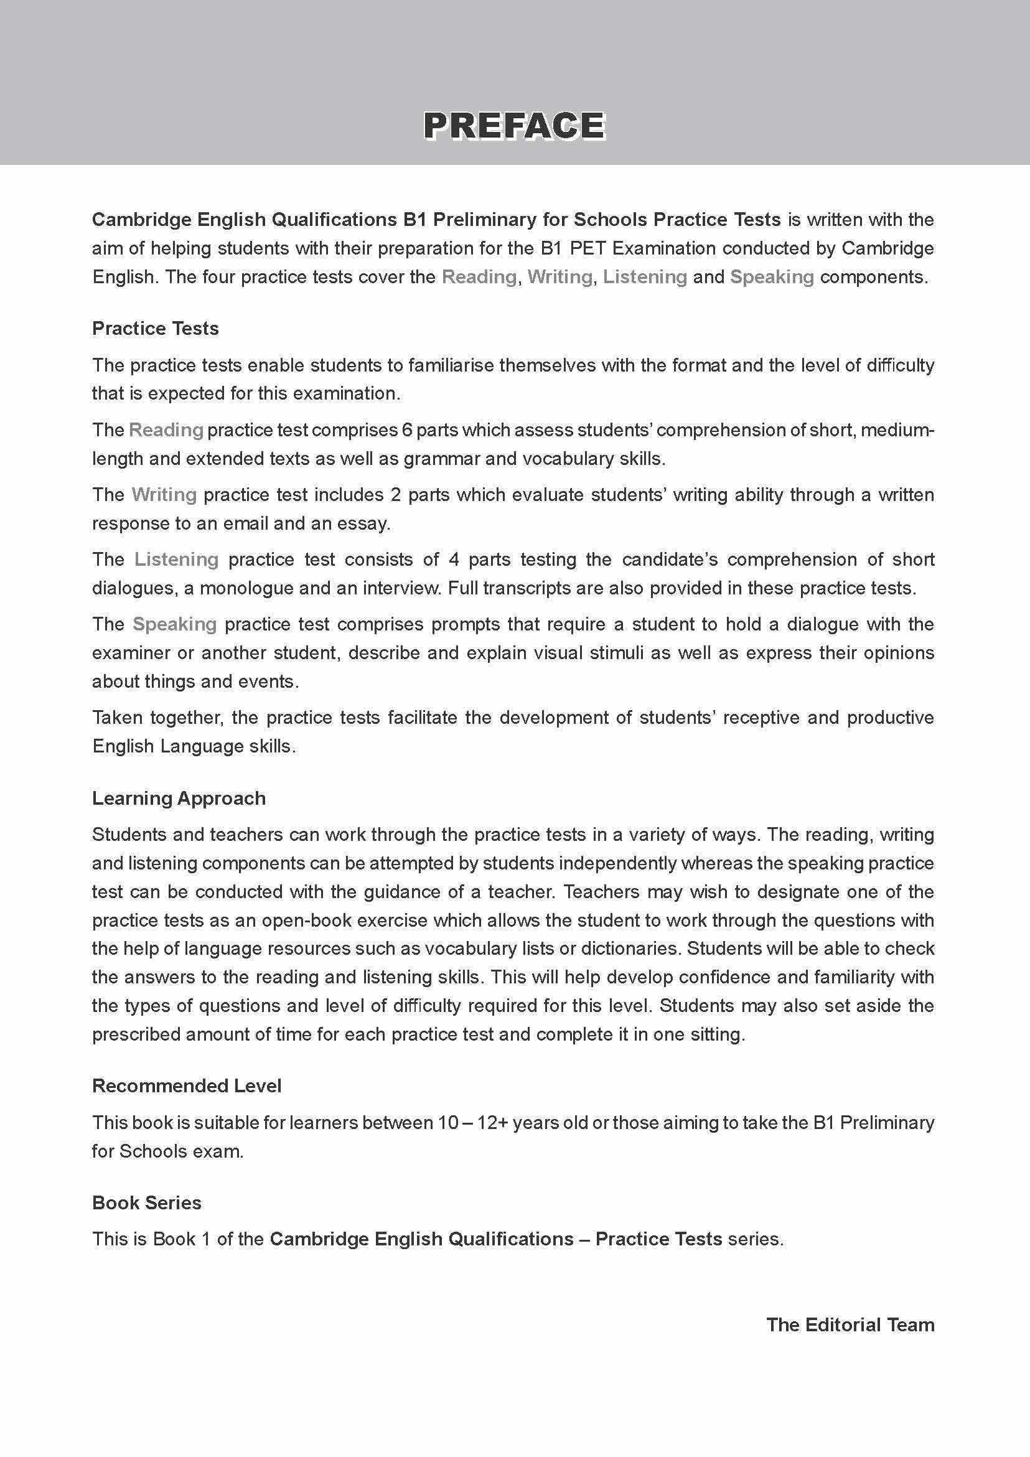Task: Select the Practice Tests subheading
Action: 156,328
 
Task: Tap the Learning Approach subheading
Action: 179,798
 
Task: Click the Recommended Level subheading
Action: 187,1086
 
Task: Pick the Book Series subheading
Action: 147,1202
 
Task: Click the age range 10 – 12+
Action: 473,1123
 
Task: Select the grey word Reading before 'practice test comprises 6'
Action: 166,430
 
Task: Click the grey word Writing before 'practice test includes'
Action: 164,495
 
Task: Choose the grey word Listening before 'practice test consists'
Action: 176,560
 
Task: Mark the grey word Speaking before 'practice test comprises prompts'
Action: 174,624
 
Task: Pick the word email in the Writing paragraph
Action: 302,523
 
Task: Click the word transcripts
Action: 526,588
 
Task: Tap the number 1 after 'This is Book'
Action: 205,1239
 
